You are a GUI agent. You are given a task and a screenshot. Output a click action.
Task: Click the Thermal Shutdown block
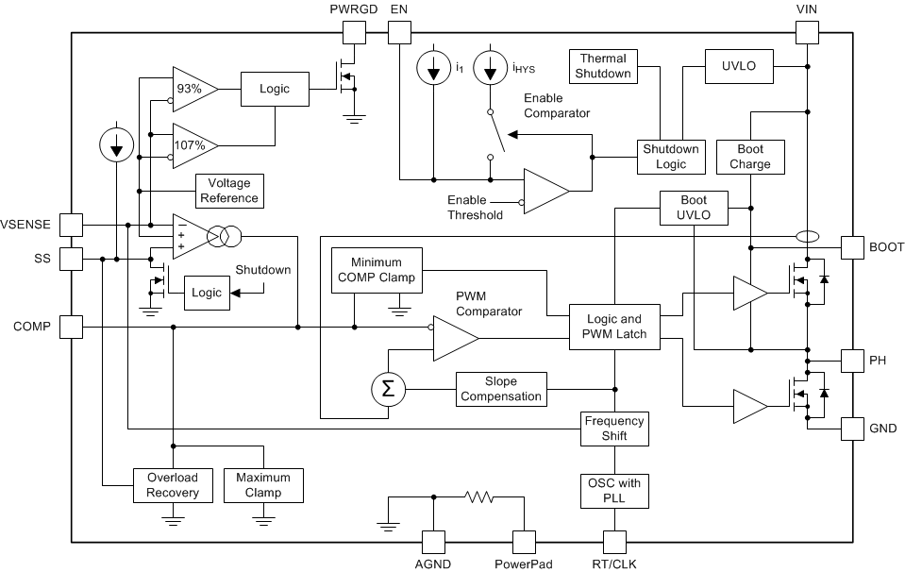coord(604,67)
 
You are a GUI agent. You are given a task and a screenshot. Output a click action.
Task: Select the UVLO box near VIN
coord(739,66)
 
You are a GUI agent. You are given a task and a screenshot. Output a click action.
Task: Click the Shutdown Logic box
coord(671,157)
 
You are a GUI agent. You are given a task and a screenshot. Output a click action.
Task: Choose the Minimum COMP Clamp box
coord(376,270)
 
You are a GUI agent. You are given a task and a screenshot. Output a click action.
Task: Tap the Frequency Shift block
coord(614,429)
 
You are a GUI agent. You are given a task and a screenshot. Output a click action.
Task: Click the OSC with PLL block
coord(614,490)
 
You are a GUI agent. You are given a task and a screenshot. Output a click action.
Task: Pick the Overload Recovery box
coord(173,485)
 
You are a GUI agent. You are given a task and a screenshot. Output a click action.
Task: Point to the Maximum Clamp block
coord(263,485)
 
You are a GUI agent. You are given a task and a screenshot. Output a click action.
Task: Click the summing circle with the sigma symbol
coord(387,388)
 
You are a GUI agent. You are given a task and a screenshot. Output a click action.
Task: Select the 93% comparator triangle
coord(193,89)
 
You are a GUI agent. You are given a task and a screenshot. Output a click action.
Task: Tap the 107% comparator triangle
coord(193,144)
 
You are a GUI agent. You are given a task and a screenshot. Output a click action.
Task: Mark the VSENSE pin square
coord(71,224)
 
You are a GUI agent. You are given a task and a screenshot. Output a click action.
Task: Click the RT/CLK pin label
coord(614,564)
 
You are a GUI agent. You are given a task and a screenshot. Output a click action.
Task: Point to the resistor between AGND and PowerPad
coord(478,497)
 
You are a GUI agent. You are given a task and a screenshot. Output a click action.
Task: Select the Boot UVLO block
coord(694,207)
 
